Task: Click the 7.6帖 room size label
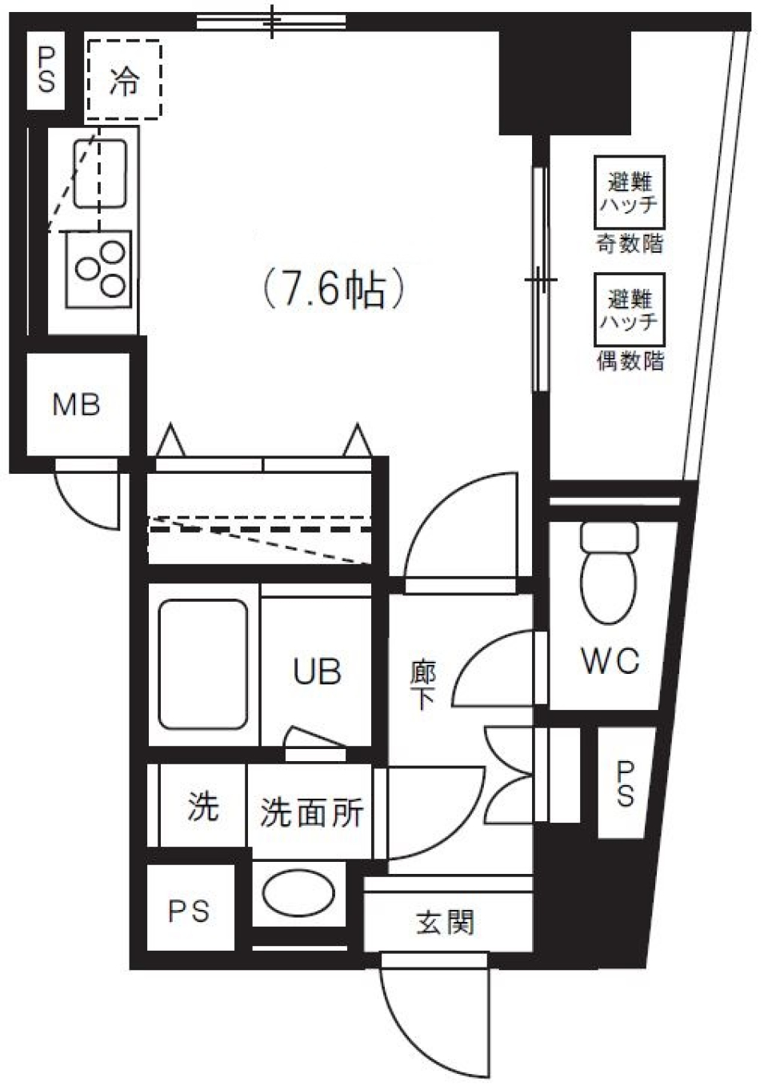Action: [334, 289]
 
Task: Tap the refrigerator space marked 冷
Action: [124, 80]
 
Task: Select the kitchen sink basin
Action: [100, 173]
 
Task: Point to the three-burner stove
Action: [99, 268]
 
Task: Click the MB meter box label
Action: [76, 404]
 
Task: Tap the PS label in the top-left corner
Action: [46, 70]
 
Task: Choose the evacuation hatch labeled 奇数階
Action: [629, 192]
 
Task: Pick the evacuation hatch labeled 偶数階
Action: [629, 310]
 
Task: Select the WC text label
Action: [610, 661]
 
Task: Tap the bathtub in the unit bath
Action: [203, 664]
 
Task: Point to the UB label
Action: [317, 671]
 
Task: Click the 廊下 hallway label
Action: [422, 685]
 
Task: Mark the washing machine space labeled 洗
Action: [202, 807]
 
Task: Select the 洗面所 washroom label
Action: [311, 812]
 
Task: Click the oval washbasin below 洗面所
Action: [298, 894]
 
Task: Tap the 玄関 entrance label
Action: [445, 922]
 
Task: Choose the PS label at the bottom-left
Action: [189, 911]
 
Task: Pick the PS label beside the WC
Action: [625, 783]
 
